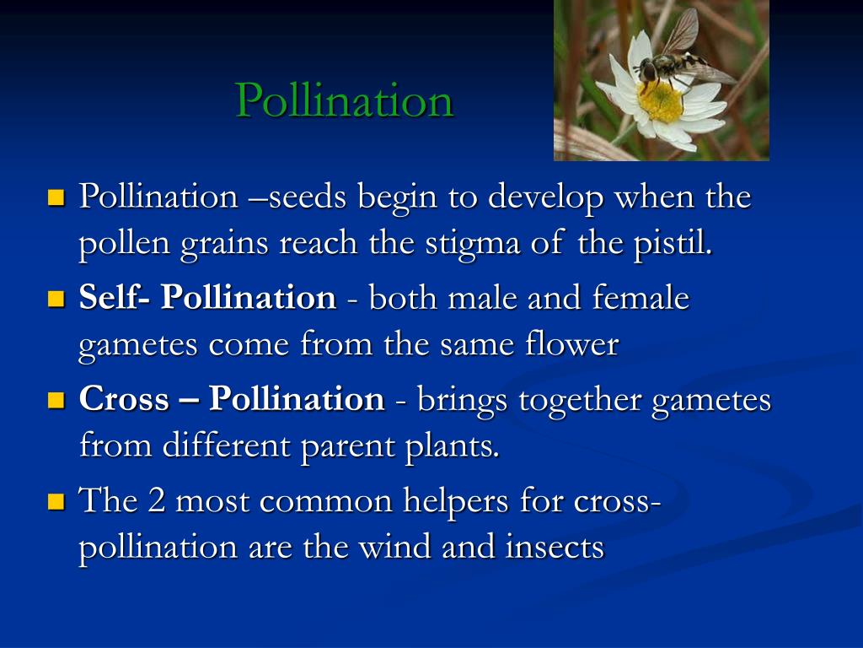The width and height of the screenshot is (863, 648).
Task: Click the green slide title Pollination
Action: tap(345, 100)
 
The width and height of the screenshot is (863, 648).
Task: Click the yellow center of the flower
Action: tap(661, 102)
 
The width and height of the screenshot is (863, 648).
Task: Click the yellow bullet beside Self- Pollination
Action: tap(56, 299)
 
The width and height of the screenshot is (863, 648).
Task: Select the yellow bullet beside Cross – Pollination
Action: tap(56, 400)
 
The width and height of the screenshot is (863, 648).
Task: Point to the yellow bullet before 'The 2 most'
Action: tap(56, 502)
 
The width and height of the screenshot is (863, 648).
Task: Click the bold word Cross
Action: tap(124, 398)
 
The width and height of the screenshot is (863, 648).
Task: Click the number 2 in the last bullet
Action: tap(156, 501)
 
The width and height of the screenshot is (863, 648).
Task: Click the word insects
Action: tap(555, 547)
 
